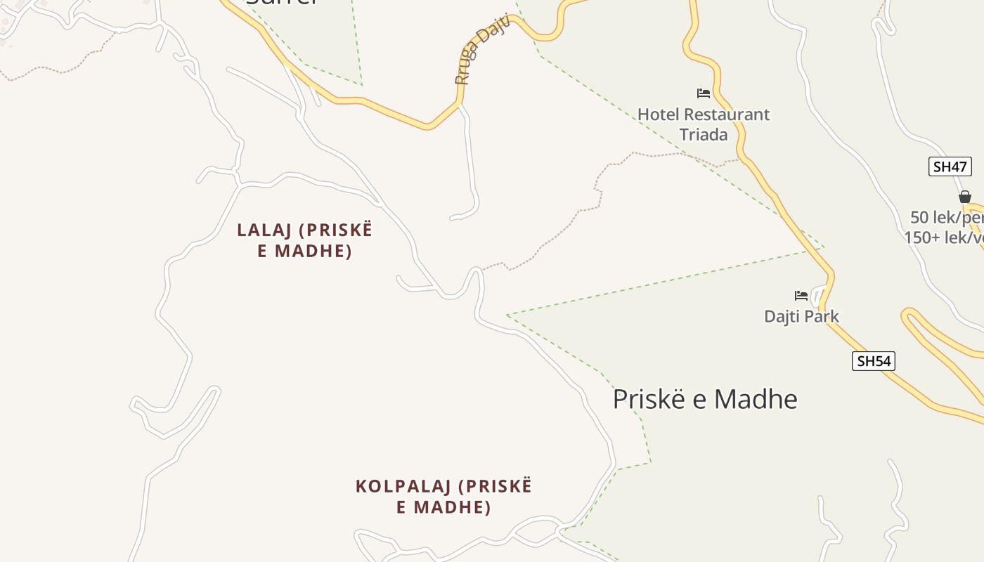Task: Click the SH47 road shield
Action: tap(950, 166)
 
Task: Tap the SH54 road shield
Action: tap(873, 361)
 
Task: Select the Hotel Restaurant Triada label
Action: tap(704, 124)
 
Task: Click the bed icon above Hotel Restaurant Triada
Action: tap(704, 93)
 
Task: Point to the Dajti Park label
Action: tap(801, 316)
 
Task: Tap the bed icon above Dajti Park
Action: tap(801, 295)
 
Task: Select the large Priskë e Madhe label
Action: tap(705, 399)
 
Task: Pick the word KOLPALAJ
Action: tap(403, 486)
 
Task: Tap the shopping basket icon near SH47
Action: tap(965, 197)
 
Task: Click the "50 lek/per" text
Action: tap(946, 217)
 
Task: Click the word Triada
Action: tap(704, 135)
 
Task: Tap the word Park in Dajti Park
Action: tap(822, 316)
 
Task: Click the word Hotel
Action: tap(658, 115)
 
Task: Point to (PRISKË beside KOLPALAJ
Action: tap(495, 486)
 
